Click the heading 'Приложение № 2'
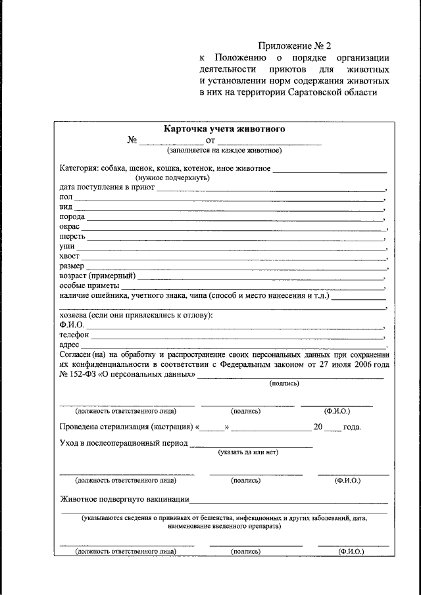coord(295,46)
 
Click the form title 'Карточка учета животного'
coord(224,129)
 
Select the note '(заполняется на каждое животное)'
coord(224,151)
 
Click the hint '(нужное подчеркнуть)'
coord(172,178)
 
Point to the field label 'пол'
coord(65,197)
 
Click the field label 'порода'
coord(71,216)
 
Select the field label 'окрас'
coord(69,226)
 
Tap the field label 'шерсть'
coord(72,236)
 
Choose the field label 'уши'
coord(66,246)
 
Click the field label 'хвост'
coord(69,256)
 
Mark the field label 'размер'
coord(71,266)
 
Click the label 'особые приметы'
coord(89,286)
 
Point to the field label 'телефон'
coord(74,335)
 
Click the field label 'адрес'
coord(69,345)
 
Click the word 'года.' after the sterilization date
coord(352,427)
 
